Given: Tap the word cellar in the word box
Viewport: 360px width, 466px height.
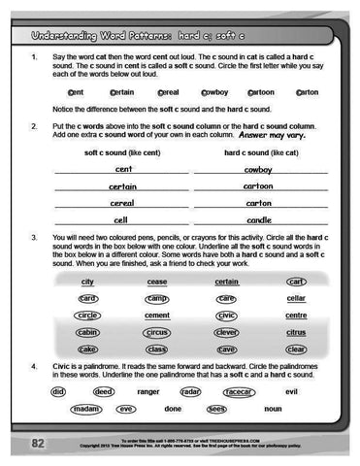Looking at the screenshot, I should coord(297,299).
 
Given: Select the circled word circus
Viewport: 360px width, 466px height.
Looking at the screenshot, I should coord(157,332).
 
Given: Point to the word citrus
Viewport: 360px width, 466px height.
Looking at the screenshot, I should coord(297,332).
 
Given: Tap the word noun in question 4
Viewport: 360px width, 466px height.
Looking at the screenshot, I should coord(273,409).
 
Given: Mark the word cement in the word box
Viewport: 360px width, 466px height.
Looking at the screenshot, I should coord(157,316).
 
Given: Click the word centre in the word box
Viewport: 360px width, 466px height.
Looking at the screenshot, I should coord(297,316).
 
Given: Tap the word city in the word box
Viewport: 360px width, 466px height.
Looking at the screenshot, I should coord(88,282).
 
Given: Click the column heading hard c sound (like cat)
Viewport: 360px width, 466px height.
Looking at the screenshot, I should coord(260,153).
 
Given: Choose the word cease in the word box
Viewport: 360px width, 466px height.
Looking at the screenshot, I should coord(157,282).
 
